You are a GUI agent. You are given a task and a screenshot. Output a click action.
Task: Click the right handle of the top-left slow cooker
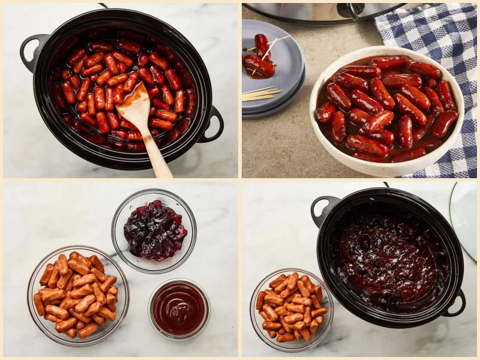(x=213, y=125)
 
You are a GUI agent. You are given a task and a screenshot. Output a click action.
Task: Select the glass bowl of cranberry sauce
(x=154, y=231)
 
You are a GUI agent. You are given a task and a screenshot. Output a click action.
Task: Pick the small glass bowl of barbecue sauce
(x=179, y=308)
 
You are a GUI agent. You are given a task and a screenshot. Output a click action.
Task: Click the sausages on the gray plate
(x=259, y=59)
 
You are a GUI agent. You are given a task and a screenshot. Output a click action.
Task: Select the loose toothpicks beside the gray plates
(x=260, y=93)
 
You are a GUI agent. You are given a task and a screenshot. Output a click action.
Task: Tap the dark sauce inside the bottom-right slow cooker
(x=387, y=258)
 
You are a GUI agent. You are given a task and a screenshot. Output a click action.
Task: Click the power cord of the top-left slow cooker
(x=103, y=5)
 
